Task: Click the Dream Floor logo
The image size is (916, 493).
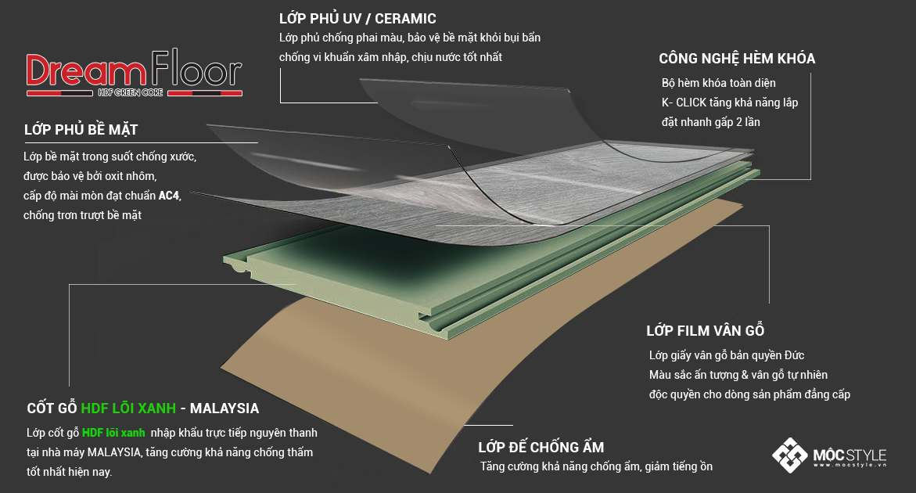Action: point(133,74)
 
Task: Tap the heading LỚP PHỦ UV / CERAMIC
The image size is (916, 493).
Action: point(357,18)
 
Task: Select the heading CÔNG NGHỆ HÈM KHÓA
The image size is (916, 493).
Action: point(737,59)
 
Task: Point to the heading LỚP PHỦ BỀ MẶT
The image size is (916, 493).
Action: point(81,129)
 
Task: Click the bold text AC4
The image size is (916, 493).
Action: point(169,196)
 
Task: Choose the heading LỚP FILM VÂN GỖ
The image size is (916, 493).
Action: point(705,330)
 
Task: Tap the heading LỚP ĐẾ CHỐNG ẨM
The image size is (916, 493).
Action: point(541,448)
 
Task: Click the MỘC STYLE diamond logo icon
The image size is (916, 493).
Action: point(789,455)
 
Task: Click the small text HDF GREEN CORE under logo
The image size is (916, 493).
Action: point(130,93)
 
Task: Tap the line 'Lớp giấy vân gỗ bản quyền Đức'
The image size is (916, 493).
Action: point(727,355)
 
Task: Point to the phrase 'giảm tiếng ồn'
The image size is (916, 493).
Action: point(680,466)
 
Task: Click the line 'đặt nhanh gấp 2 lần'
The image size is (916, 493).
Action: point(710,122)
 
